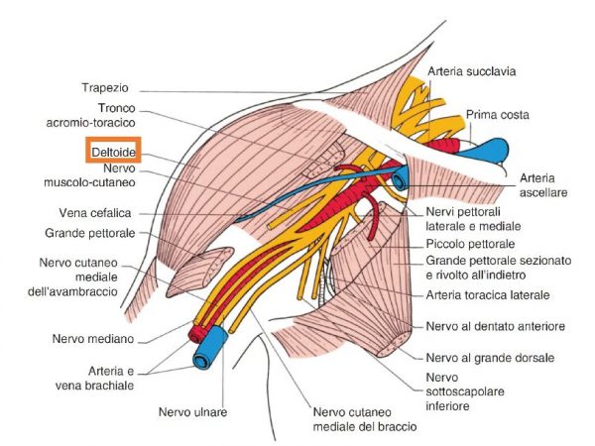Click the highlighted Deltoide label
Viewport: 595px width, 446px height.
pos(111,149)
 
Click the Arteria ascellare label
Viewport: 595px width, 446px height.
pos(543,184)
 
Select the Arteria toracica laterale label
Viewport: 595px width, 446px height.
pos(488,294)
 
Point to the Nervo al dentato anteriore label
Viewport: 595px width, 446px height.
pos(495,326)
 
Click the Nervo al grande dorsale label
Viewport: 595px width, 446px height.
pos(489,357)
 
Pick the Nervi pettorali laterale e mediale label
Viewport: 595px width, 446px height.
pos(467,218)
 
